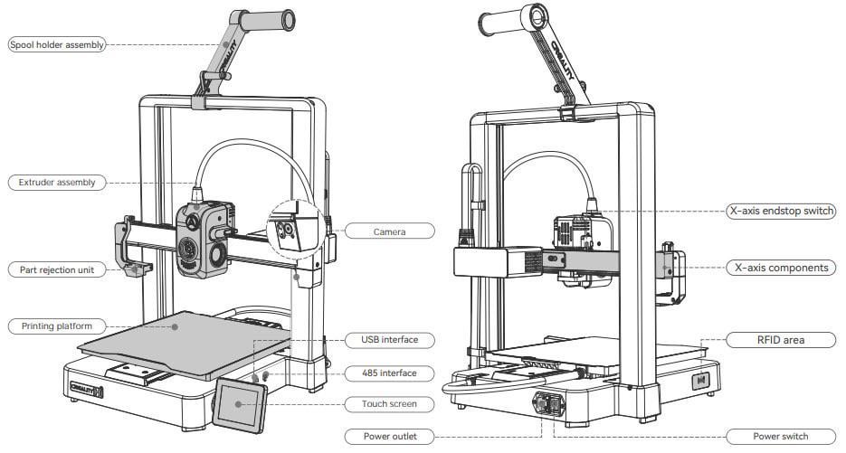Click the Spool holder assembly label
[57, 45]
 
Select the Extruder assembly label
[57, 183]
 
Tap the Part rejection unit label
[57, 269]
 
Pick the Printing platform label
[57, 326]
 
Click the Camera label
[390, 231]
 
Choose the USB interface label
[390, 340]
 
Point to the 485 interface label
[390, 373]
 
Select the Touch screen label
[390, 403]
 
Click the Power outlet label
[390, 437]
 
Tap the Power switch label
[781, 437]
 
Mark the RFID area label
[781, 340]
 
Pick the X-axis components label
[781, 268]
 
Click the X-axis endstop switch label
[781, 211]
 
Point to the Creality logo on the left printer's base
[86, 389]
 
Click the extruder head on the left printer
[204, 239]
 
